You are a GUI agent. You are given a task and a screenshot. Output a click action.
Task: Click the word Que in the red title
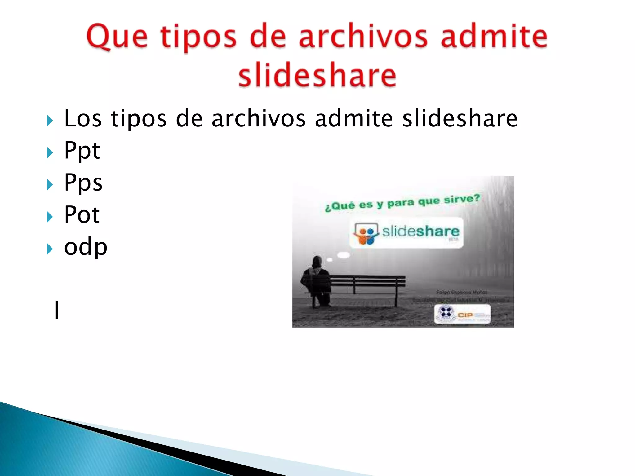[x=117, y=37]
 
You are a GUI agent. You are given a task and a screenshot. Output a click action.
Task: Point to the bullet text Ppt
[x=82, y=151]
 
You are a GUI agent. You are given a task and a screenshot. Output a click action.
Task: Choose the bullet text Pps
[x=83, y=183]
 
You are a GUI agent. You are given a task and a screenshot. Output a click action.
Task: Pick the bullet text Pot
[x=82, y=214]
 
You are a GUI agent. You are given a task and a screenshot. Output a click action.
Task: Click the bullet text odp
[x=86, y=247]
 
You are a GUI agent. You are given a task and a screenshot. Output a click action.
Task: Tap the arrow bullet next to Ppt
[x=50, y=152]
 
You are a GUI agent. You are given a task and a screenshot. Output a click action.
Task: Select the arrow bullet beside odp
[x=50, y=249]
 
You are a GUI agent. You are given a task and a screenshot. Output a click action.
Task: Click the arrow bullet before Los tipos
[x=50, y=121]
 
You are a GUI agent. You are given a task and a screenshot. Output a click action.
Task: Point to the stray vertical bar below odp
[x=56, y=310]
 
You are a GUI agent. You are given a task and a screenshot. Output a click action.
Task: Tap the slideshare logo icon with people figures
[x=366, y=233]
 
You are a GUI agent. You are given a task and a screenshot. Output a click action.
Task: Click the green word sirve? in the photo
[x=462, y=199]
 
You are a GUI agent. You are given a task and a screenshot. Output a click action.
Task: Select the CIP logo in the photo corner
[x=462, y=314]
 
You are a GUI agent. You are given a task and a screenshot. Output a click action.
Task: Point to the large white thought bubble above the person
[x=343, y=255]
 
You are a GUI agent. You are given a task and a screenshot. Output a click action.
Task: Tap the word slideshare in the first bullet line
[x=460, y=119]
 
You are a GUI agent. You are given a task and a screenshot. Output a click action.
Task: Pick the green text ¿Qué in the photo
[x=339, y=206]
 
